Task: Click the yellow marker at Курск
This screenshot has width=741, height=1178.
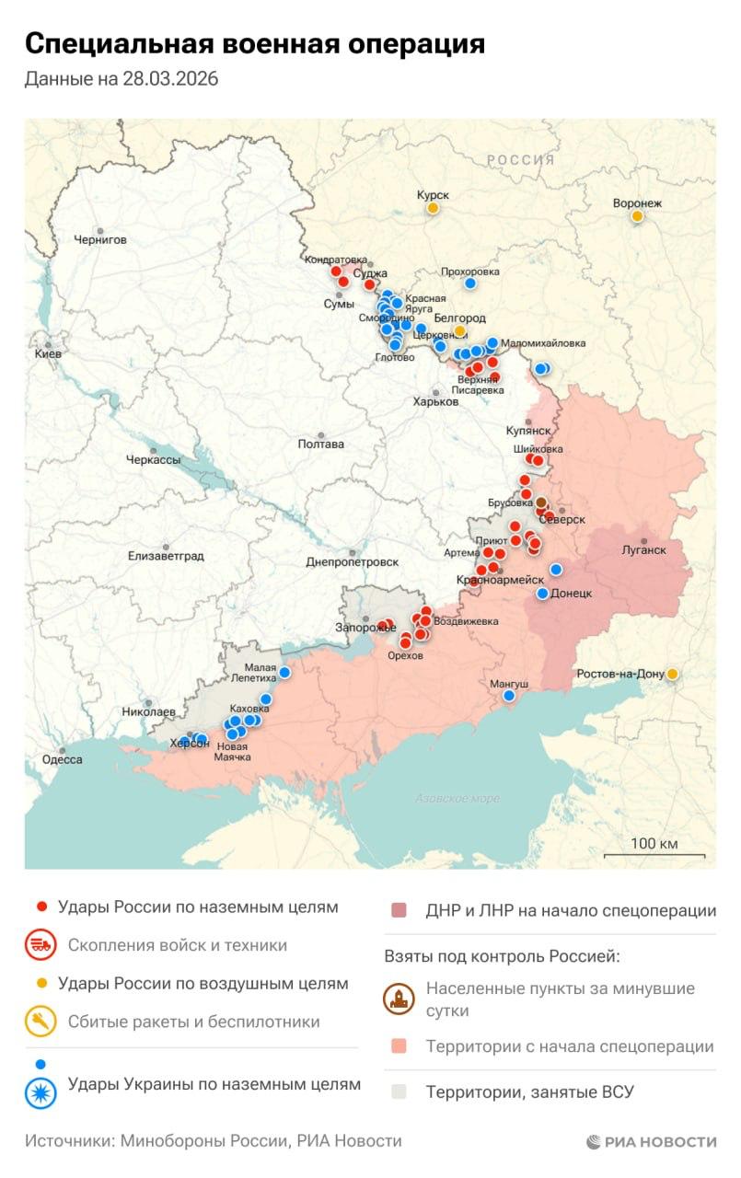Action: pyautogui.click(x=432, y=209)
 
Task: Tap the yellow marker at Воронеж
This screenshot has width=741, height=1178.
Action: pyautogui.click(x=637, y=216)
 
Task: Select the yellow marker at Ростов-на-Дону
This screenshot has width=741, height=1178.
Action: pyautogui.click(x=673, y=674)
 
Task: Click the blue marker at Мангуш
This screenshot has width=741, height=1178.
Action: pyautogui.click(x=509, y=697)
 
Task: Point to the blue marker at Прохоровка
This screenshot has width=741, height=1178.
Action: pyautogui.click(x=469, y=283)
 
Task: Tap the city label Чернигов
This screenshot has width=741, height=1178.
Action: pyautogui.click(x=100, y=239)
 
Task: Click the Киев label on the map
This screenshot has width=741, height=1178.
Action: pyautogui.click(x=48, y=353)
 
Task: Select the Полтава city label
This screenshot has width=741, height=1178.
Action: pyautogui.click(x=321, y=444)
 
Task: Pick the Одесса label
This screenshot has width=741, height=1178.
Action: pyautogui.click(x=63, y=759)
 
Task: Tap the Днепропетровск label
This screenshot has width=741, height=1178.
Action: pyautogui.click(x=353, y=561)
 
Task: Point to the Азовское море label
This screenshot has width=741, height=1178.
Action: pyautogui.click(x=457, y=798)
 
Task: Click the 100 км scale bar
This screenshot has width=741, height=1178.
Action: pyautogui.click(x=654, y=855)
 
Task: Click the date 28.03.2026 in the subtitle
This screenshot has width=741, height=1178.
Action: pyautogui.click(x=169, y=79)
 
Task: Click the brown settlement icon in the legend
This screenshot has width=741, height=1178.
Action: pyautogui.click(x=399, y=999)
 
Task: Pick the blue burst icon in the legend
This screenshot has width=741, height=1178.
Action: pyautogui.click(x=41, y=1092)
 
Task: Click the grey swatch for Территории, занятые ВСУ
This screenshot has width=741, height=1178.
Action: pyautogui.click(x=399, y=1092)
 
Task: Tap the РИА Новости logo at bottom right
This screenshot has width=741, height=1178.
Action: pyautogui.click(x=651, y=1141)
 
